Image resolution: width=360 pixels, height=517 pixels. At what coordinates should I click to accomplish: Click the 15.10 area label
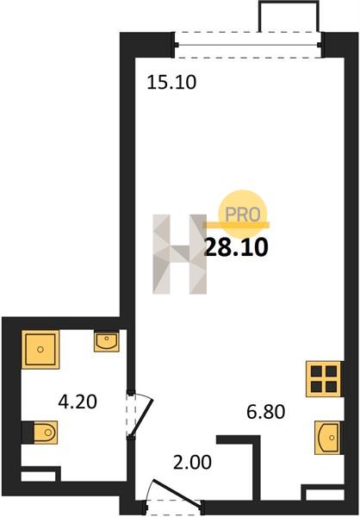(171, 82)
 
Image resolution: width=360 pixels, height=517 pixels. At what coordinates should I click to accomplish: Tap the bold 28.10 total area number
(236, 247)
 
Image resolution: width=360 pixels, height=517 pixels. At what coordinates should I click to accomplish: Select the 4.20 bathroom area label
(78, 402)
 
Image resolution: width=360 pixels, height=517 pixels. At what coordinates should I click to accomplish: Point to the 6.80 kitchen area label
(266, 412)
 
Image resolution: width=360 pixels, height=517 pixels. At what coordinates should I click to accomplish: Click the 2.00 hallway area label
(193, 462)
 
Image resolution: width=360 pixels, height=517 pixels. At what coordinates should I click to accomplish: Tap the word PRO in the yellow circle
(243, 215)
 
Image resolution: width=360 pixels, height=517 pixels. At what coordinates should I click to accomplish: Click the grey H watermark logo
(180, 254)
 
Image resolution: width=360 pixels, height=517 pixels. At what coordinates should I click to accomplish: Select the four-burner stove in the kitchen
(324, 378)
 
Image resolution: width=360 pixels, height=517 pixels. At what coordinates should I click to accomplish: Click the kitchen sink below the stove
(327, 438)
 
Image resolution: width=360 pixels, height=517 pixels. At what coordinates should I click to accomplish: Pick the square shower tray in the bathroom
(40, 349)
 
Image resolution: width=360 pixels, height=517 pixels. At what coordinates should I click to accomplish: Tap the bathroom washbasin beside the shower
(107, 342)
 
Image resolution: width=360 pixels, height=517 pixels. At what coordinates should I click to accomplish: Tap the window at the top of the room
(248, 45)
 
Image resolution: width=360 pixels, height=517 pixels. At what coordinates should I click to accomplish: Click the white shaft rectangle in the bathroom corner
(38, 477)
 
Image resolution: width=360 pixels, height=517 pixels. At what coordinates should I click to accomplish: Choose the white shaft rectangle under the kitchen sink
(325, 495)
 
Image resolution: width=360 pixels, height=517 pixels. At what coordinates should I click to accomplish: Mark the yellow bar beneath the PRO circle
(236, 225)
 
